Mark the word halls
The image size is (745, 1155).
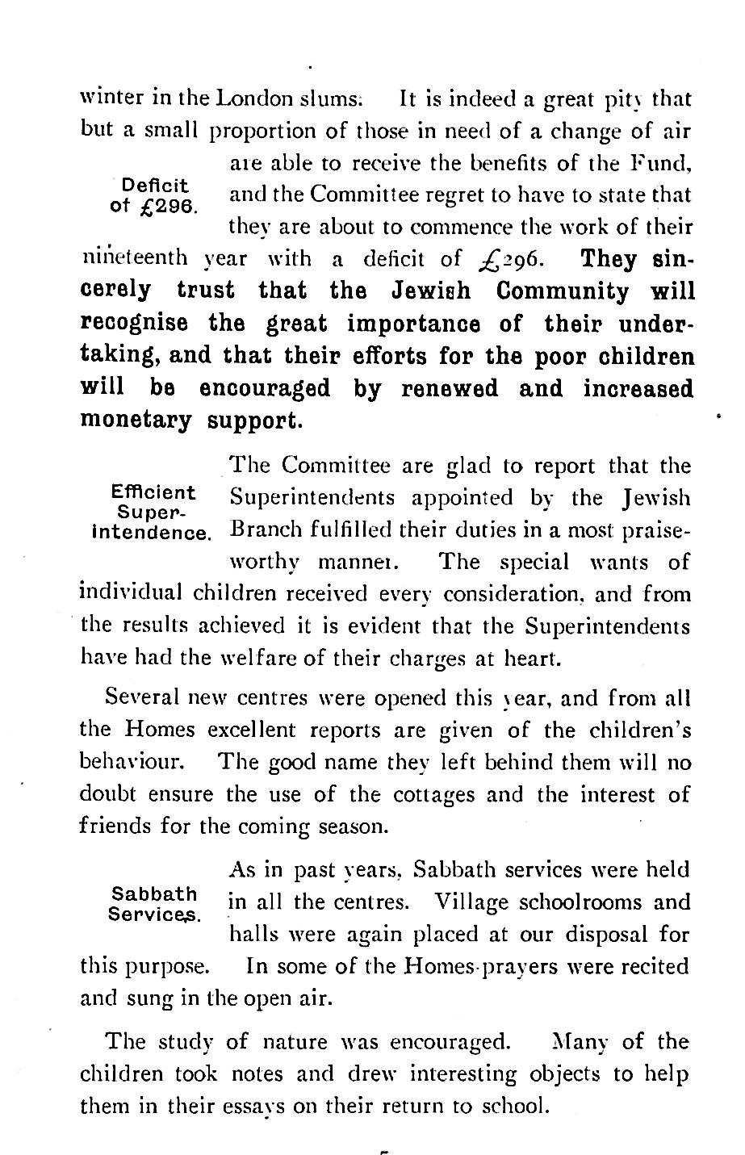[x=250, y=934]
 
